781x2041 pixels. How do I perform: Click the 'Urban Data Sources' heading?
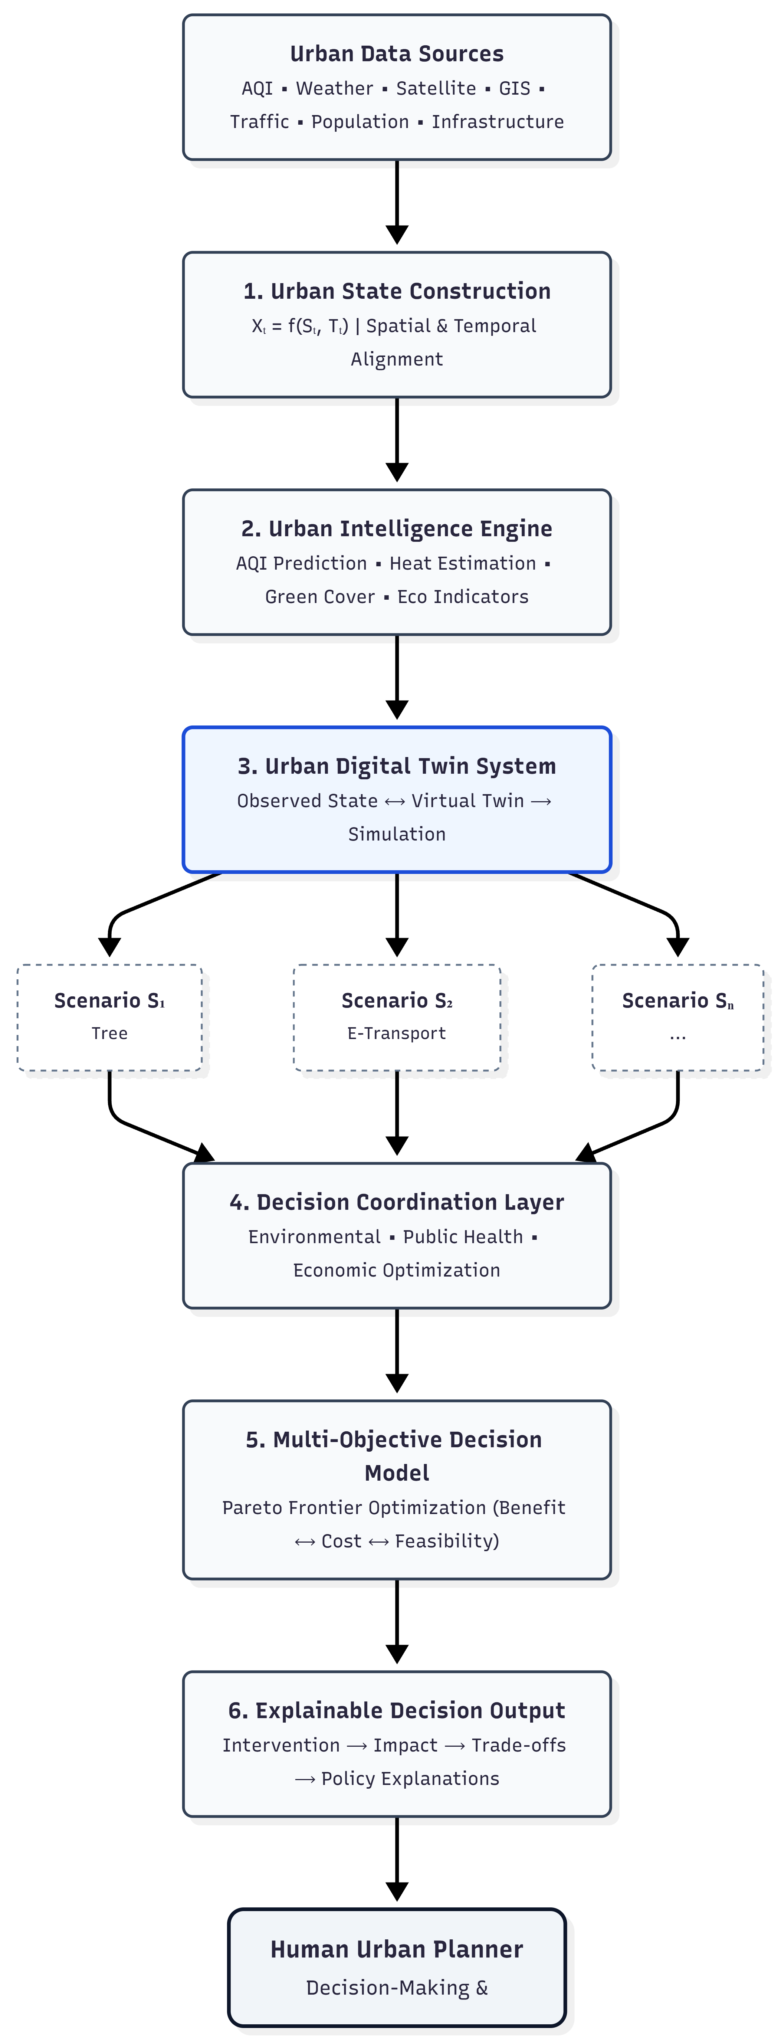(x=397, y=54)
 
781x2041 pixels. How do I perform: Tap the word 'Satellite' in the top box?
(x=436, y=88)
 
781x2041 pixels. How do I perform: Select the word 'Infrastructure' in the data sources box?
(x=498, y=121)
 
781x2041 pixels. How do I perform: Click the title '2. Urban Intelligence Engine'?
(x=397, y=528)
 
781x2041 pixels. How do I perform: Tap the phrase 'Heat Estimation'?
(x=463, y=563)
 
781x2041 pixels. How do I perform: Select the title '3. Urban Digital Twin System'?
(x=397, y=766)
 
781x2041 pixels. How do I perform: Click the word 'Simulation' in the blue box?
(x=397, y=834)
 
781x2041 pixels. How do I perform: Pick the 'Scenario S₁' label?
(x=109, y=1001)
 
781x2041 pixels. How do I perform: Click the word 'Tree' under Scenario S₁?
(x=109, y=1033)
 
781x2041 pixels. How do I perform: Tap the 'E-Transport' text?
(x=397, y=1033)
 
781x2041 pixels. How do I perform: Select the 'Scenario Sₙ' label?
(x=678, y=1001)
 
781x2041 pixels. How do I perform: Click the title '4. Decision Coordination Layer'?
(x=397, y=1202)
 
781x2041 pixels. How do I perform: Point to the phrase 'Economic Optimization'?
(x=397, y=1270)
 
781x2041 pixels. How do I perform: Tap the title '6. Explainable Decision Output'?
(x=397, y=1711)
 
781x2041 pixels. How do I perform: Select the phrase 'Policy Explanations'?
(x=410, y=1779)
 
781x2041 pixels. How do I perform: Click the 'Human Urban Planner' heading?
(x=397, y=1949)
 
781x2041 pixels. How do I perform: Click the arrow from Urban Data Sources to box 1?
(x=397, y=202)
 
